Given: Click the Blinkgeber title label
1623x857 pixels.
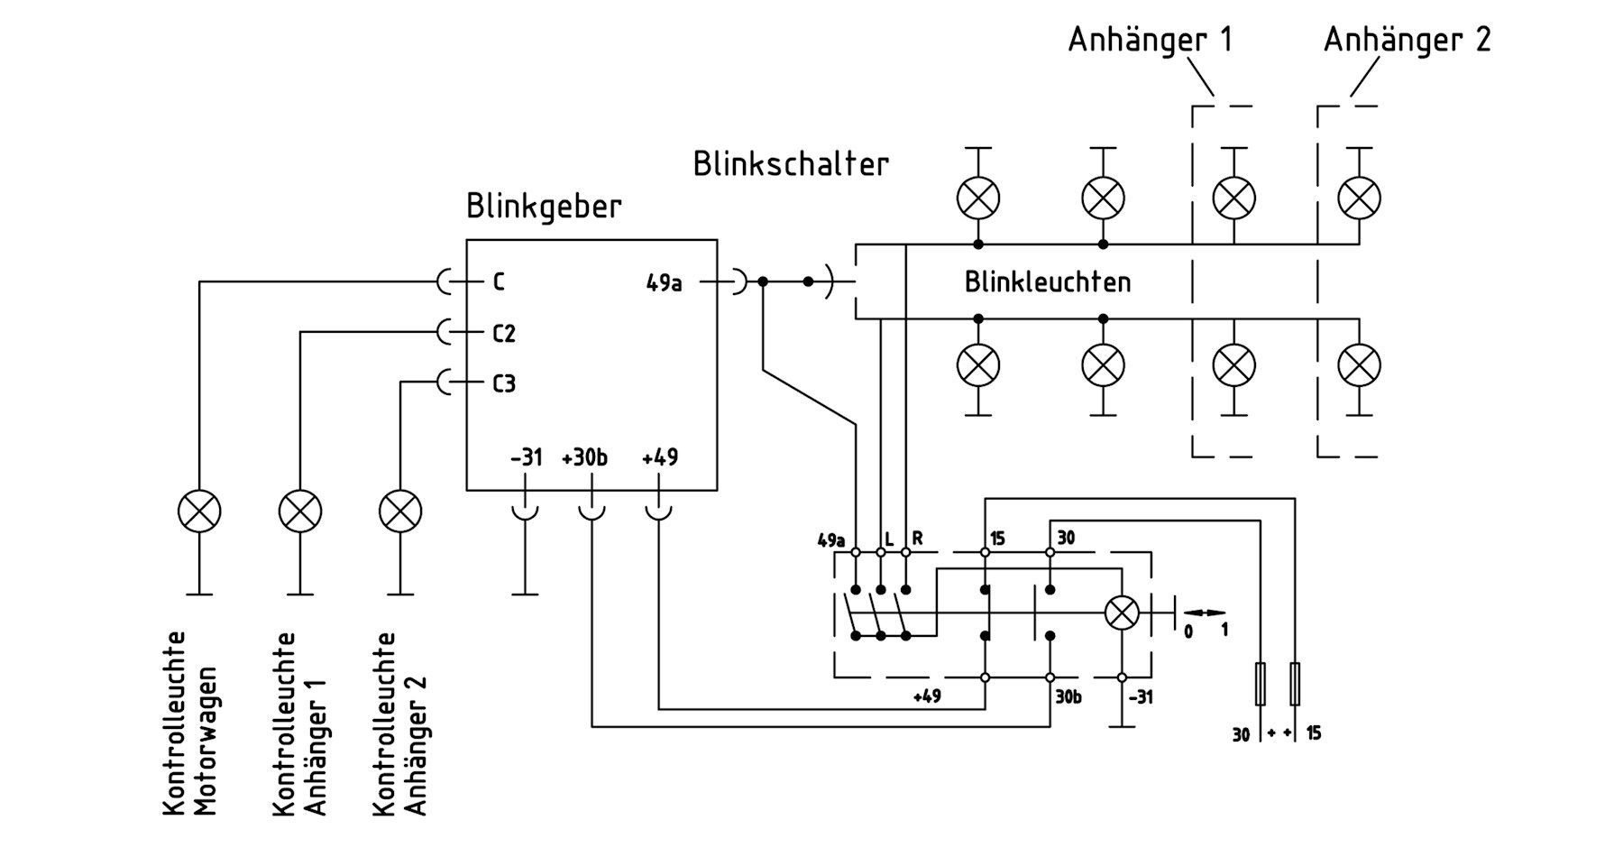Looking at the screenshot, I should point(544,207).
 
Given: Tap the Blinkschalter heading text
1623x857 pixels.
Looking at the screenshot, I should point(791,164).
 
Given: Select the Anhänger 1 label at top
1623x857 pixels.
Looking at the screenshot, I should point(1150,41).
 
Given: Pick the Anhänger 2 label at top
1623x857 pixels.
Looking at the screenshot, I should point(1407,41).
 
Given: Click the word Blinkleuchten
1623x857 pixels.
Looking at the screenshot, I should point(1048,282).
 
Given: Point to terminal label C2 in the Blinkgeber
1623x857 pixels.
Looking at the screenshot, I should point(504,334).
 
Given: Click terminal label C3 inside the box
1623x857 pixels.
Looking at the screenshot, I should point(504,384).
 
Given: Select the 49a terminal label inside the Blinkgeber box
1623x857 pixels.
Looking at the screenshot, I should point(665,283).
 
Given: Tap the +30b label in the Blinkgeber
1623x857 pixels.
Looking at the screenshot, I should point(584,458).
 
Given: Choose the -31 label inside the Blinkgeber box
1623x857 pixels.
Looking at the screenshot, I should point(526,458).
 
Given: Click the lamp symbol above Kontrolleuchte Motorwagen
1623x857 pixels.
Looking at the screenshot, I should point(199,511).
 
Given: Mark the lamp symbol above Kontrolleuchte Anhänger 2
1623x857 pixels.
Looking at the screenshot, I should point(400,511).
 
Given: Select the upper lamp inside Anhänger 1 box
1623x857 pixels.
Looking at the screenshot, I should point(1233,198).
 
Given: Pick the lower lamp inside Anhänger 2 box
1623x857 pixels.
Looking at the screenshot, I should point(1359,365).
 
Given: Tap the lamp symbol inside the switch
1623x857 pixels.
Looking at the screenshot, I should point(1122,614).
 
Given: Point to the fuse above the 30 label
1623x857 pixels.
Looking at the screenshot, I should point(1260,684).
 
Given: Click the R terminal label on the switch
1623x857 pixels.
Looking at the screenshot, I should point(917,539).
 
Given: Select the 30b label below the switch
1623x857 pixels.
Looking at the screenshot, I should point(1068,697).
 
